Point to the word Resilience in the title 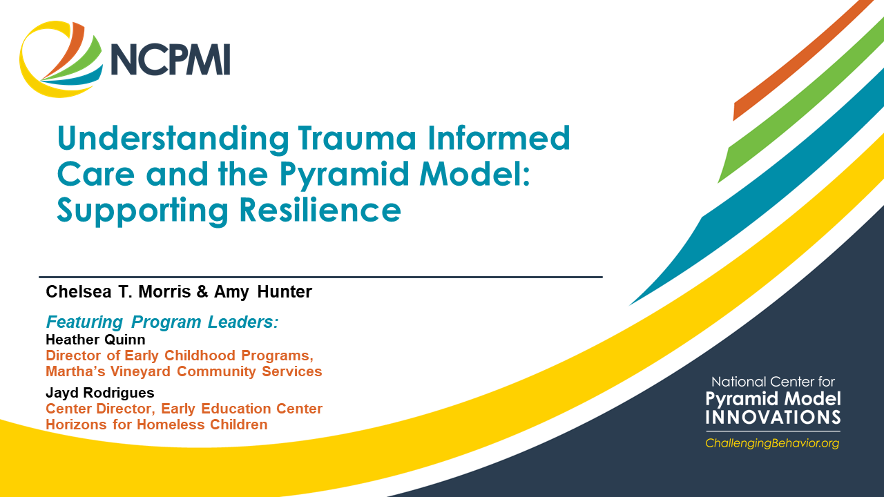click(320, 210)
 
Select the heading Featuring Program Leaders click(162, 322)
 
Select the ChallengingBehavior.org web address click(772, 443)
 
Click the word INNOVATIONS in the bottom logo click(773, 417)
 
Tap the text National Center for click(773, 382)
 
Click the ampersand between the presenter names click(202, 292)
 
